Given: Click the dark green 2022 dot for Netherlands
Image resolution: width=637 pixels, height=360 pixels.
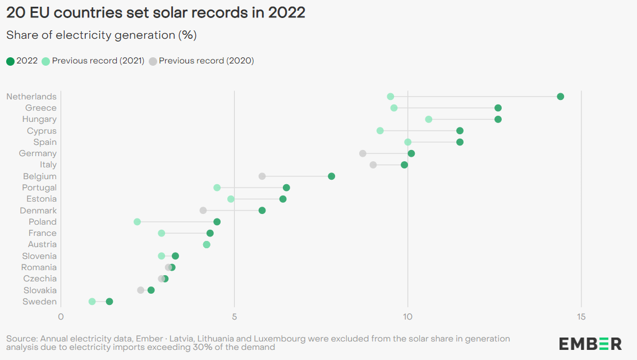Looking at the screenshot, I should (x=560, y=97).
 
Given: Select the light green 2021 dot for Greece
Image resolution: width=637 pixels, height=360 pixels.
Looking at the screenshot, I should (x=394, y=108).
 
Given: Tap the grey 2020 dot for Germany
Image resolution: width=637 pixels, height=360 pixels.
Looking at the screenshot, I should (x=363, y=153).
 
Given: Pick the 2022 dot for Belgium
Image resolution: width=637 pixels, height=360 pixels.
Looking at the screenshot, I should (x=332, y=176).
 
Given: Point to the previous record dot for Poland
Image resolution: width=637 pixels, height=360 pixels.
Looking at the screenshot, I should (x=137, y=222).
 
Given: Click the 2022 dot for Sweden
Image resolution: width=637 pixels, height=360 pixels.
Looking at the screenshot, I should (x=109, y=302).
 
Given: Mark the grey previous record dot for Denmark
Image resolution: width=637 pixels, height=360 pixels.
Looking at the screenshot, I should (x=203, y=211).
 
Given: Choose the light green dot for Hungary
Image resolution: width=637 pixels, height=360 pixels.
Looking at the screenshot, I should (x=429, y=119).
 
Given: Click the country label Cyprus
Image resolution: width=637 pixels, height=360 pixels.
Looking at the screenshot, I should (x=42, y=131).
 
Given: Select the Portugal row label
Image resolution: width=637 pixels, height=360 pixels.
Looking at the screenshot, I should (x=39, y=188).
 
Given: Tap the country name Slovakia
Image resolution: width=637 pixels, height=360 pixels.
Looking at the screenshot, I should (x=40, y=290).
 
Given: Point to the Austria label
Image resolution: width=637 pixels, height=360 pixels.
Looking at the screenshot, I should (x=42, y=244).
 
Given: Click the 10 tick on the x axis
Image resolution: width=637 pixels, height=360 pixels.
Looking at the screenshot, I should (x=407, y=317).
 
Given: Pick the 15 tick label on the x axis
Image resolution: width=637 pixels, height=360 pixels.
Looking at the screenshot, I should (x=581, y=317).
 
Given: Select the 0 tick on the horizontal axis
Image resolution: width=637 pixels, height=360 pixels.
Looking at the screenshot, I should (x=61, y=317).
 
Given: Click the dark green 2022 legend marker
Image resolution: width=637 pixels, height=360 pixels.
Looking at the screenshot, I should (x=10, y=61).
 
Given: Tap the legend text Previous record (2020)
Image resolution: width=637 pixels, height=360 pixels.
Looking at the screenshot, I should (x=206, y=61).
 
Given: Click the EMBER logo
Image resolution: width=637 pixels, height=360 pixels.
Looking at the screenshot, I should (x=590, y=344).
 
